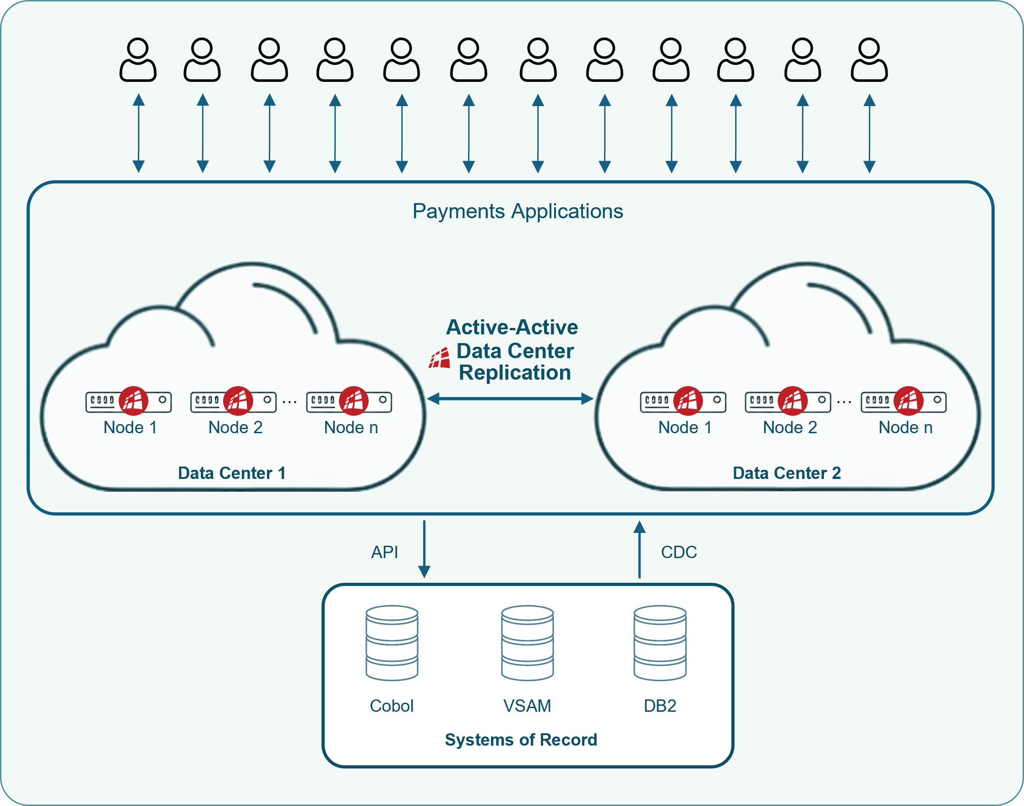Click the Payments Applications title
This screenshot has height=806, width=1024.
517,211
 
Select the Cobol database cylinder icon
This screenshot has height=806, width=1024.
392,643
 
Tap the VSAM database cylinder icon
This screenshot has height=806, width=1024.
527,643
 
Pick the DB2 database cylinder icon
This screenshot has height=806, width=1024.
660,643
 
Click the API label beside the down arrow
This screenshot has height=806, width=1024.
385,552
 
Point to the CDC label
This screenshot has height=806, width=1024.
679,552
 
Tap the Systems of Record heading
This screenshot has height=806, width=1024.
521,740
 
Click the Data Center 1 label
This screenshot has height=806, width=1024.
232,473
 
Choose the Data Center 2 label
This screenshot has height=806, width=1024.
786,473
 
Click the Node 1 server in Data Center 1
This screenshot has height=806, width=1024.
129,402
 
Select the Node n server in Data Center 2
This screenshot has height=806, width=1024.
903,402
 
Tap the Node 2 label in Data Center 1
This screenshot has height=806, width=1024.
235,427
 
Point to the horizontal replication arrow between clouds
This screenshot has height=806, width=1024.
510,399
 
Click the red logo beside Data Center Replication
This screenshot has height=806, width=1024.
439,359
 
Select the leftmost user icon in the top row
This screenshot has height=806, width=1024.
138,60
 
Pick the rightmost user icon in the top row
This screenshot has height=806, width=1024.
869,60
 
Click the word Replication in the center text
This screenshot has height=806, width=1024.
515,373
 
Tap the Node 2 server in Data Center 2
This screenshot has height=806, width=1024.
788,402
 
